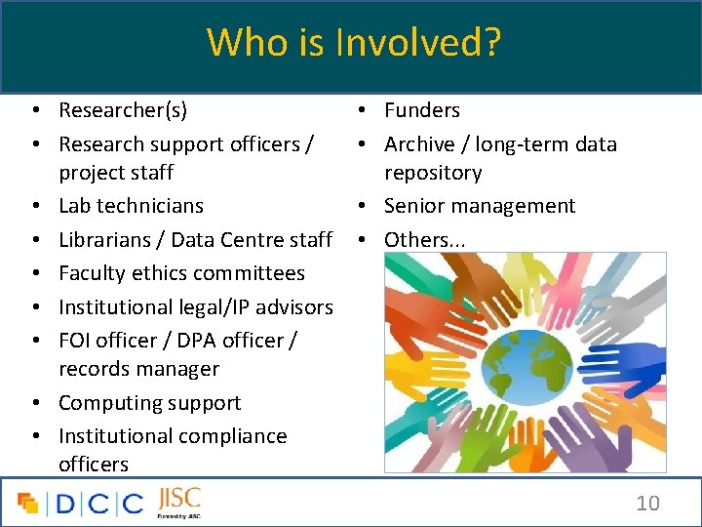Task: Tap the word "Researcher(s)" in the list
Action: click(123, 110)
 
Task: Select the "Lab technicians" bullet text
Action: click(131, 206)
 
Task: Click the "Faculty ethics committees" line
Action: click(181, 273)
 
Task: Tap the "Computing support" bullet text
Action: click(149, 403)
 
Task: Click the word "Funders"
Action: click(421, 110)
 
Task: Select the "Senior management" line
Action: click(480, 206)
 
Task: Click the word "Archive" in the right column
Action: click(419, 144)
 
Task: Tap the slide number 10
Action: click(647, 504)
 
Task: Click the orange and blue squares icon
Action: click(28, 504)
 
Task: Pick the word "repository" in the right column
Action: click(433, 173)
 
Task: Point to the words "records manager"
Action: click(138, 369)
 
